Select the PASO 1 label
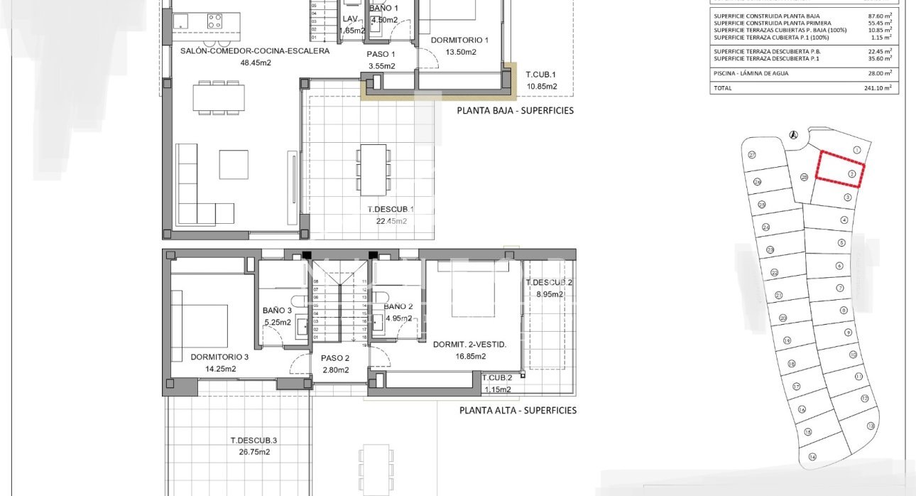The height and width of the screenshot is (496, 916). click(x=381, y=54)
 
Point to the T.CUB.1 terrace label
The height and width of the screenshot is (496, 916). click(x=540, y=75)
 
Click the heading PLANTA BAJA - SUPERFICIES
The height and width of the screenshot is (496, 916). click(x=515, y=111)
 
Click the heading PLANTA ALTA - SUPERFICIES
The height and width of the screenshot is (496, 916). click(x=518, y=410)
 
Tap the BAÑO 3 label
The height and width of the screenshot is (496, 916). click(x=277, y=311)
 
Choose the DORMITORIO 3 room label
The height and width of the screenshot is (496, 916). click(x=219, y=357)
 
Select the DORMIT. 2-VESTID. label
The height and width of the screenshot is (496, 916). click(x=469, y=345)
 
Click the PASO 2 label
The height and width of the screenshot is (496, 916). click(x=335, y=358)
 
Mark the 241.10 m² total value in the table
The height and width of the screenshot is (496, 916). click(x=880, y=88)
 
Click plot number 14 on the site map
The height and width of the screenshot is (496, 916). click(x=812, y=457)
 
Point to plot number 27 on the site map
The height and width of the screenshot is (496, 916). click(x=752, y=155)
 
